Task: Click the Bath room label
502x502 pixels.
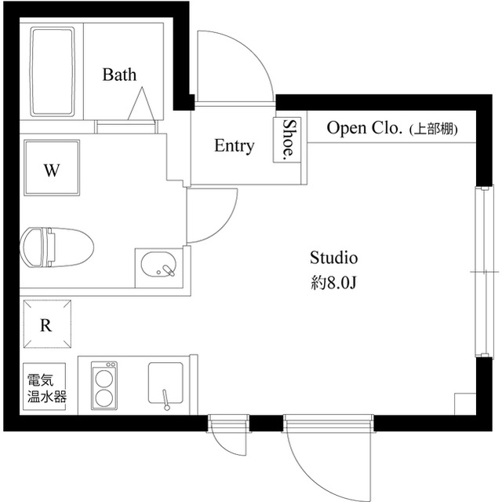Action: tap(119, 75)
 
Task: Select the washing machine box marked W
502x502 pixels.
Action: tap(51, 170)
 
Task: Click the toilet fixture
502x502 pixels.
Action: tap(56, 247)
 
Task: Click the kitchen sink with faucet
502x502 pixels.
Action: tap(166, 385)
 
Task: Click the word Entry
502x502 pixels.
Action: tap(234, 146)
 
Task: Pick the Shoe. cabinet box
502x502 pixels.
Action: tap(289, 140)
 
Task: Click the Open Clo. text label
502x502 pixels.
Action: tap(365, 127)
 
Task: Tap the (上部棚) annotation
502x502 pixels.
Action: tap(434, 128)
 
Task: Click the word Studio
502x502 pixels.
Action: tap(333, 257)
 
